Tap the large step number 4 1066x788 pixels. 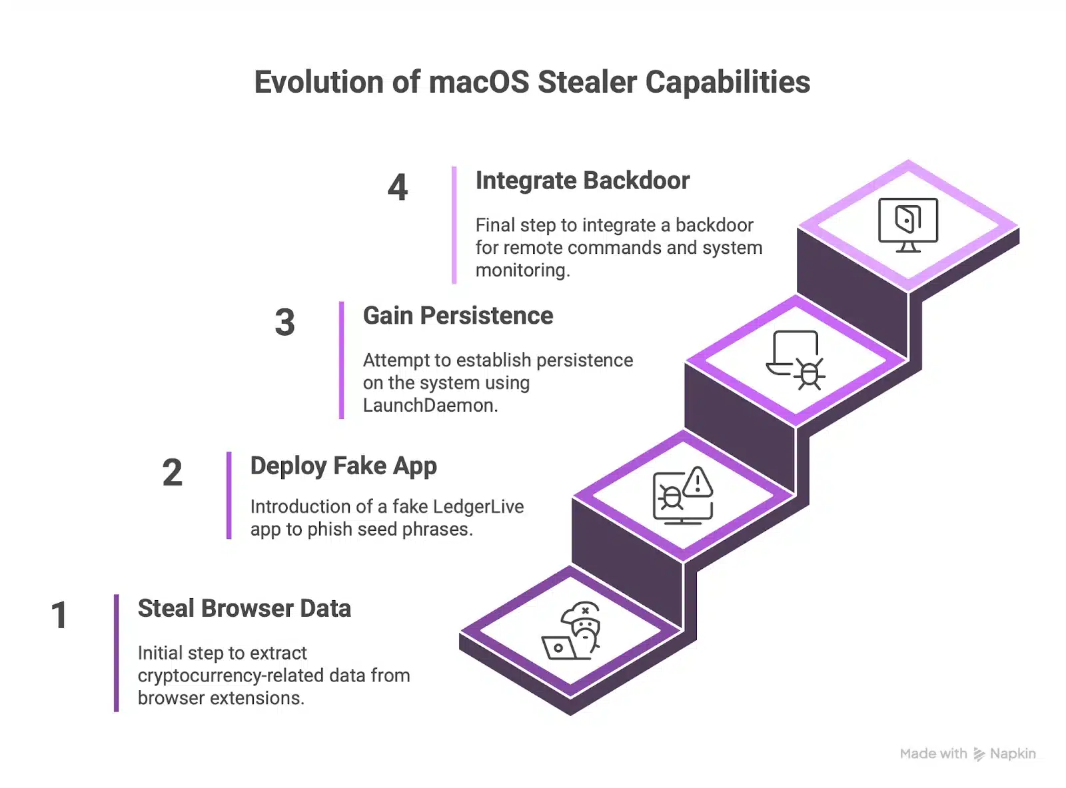tap(398, 187)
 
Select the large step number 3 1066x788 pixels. tap(284, 322)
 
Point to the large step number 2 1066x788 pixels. tap(172, 473)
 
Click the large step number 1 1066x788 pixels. tap(59, 615)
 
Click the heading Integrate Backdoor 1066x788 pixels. tap(582, 181)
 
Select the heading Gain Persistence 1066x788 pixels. tap(458, 316)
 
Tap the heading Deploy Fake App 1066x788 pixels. tap(343, 466)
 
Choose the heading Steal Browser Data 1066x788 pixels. tap(244, 609)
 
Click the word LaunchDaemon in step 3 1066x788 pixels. tap(429, 405)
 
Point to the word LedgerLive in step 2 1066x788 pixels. tap(478, 507)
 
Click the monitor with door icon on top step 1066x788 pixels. tap(907, 224)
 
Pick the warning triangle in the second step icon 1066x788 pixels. tap(698, 481)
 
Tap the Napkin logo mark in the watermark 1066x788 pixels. tap(979, 754)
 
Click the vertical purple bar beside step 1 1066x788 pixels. tap(117, 653)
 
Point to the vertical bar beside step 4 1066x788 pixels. tap(454, 225)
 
